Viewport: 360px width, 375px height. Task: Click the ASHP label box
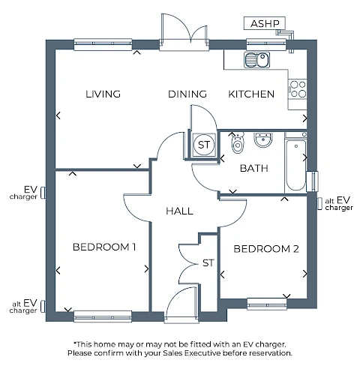[x=265, y=23]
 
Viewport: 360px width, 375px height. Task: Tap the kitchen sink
[x=257, y=60]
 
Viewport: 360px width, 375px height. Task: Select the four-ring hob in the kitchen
[x=298, y=89]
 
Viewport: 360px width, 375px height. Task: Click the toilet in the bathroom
[x=237, y=142]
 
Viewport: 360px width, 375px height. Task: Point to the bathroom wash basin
[x=262, y=140]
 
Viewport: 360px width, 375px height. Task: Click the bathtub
[x=296, y=165]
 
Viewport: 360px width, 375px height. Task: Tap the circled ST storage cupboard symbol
[x=204, y=145]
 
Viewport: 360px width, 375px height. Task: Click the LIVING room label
[x=103, y=94]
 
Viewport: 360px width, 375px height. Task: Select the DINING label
[x=187, y=94]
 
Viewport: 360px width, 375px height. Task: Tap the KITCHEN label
[x=251, y=94]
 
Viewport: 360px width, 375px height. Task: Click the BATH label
[x=254, y=168]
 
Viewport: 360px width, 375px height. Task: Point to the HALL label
[x=179, y=211]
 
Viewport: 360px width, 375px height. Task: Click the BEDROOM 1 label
[x=104, y=247]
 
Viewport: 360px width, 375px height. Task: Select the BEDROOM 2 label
[x=266, y=249]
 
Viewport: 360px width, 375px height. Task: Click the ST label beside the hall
[x=208, y=263]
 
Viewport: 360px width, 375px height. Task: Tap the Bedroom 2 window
[x=267, y=304]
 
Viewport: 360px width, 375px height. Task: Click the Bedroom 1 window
[x=103, y=316]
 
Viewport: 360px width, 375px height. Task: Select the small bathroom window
[x=313, y=181]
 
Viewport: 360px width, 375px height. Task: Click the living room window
[x=103, y=44]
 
